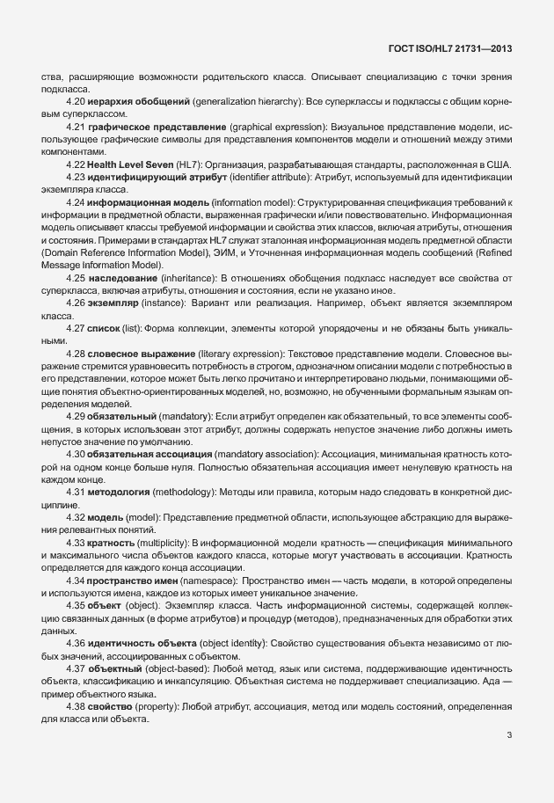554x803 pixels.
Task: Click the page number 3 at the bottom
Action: (510, 735)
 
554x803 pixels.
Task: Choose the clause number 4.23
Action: (75, 179)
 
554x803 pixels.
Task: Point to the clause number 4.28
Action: (75, 352)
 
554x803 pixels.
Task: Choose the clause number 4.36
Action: (75, 645)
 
